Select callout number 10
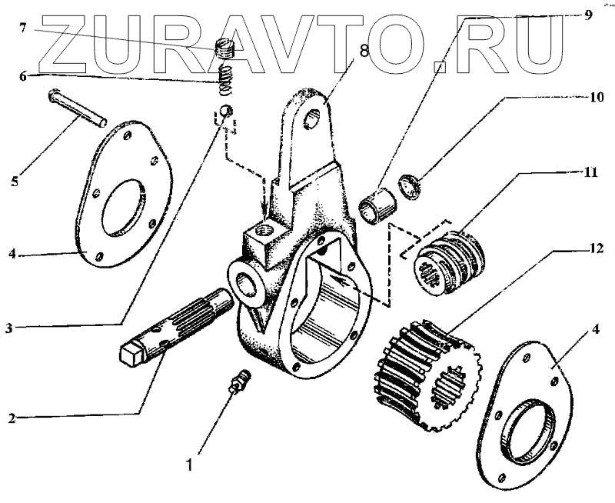tap(596, 98)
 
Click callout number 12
tap(597, 248)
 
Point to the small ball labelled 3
tap(224, 112)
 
